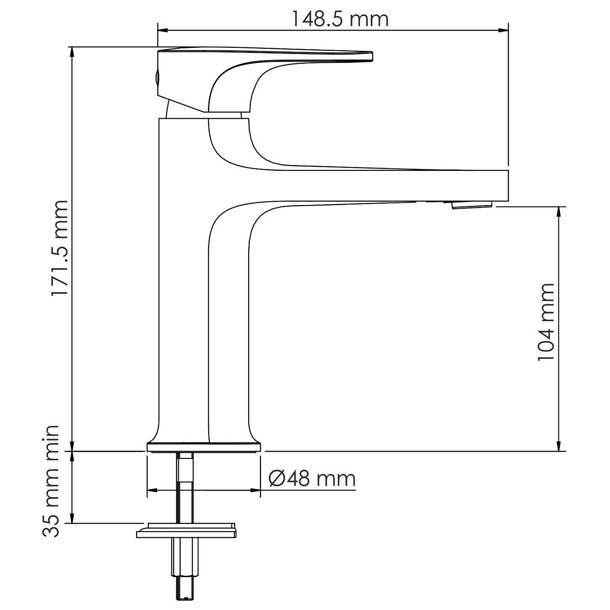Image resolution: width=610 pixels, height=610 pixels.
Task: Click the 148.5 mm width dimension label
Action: [340, 19]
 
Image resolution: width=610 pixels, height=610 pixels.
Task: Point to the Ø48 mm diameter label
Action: [312, 479]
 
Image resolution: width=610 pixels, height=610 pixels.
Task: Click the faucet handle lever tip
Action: [368, 56]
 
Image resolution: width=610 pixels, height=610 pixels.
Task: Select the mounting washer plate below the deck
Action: [186, 531]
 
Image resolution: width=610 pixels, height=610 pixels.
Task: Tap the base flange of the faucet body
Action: [203, 446]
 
